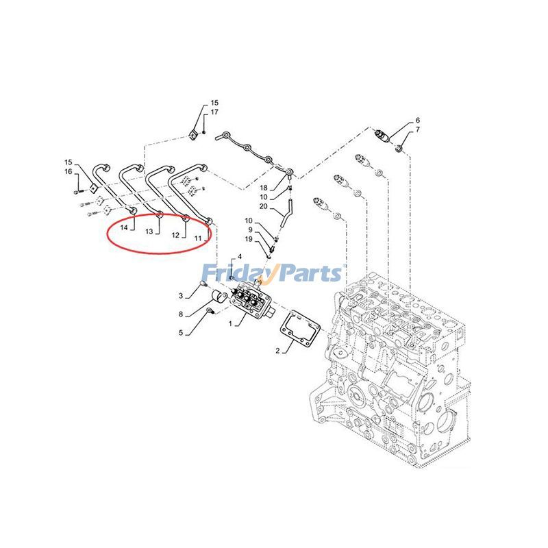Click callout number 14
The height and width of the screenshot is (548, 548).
click(x=125, y=227)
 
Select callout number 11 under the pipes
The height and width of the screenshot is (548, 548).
click(x=197, y=238)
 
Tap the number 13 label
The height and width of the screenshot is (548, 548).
click(x=149, y=232)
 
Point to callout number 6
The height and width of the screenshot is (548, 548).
click(x=417, y=121)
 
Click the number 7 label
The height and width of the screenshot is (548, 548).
click(x=417, y=130)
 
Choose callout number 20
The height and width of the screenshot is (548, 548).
click(x=264, y=206)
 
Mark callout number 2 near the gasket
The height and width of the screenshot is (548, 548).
click(x=278, y=351)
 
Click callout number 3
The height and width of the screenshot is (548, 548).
click(x=182, y=296)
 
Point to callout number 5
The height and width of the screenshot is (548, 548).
click(x=182, y=334)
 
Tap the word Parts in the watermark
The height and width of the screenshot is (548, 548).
click(x=308, y=274)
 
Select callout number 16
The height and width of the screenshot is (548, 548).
click(x=68, y=171)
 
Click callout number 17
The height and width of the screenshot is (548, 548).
click(x=214, y=112)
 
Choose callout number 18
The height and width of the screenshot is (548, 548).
click(x=264, y=188)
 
